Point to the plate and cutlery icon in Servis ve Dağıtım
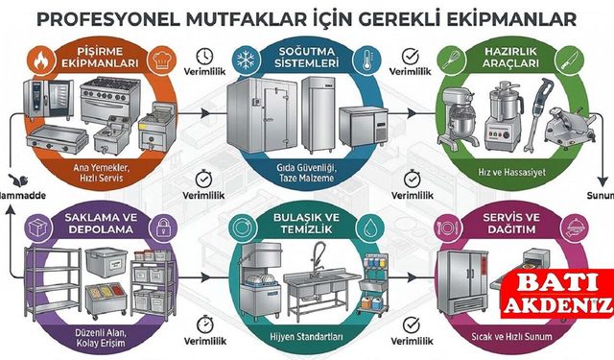point(445,230)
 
